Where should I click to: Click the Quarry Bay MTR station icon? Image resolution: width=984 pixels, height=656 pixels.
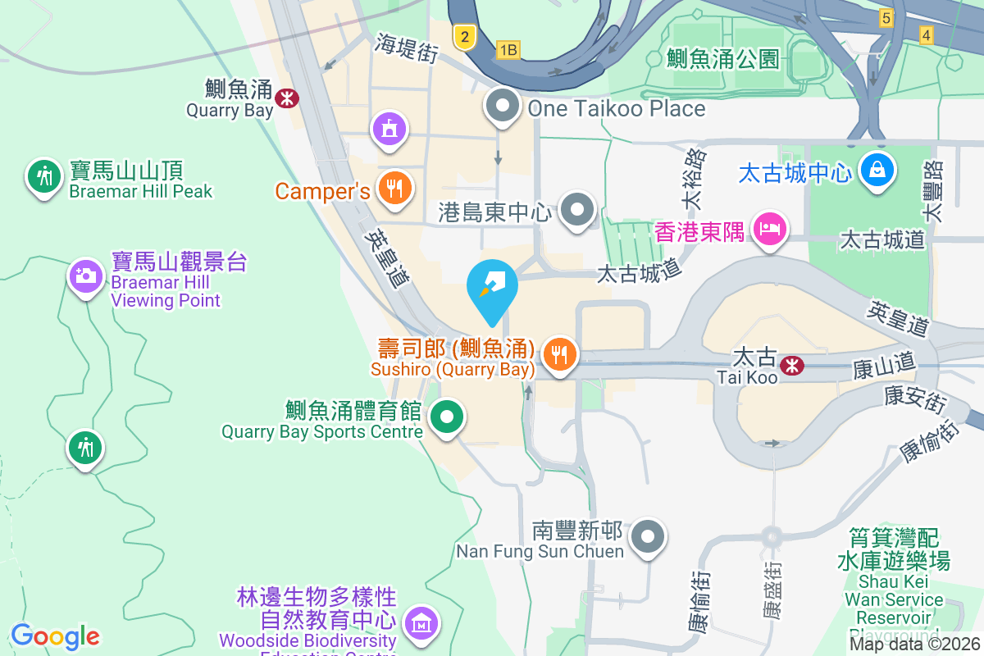pyautogui.click(x=287, y=98)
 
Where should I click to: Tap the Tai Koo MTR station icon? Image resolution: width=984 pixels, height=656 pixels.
pyautogui.click(x=792, y=365)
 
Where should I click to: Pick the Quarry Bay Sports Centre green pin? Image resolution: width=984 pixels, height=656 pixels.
pyautogui.click(x=447, y=417)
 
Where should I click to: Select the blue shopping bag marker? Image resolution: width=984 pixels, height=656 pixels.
pyautogui.click(x=877, y=171)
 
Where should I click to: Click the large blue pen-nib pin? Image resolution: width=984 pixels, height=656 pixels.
pyautogui.click(x=492, y=286)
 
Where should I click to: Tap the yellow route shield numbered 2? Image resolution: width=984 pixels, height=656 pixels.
pyautogui.click(x=465, y=35)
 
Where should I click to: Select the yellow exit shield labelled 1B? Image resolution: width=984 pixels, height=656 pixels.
pyautogui.click(x=508, y=50)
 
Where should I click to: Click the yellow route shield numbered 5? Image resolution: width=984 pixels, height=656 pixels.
pyautogui.click(x=885, y=17)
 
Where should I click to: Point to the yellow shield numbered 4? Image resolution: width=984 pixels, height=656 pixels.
pyautogui.click(x=927, y=34)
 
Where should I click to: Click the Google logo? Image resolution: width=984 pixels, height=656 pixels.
pyautogui.click(x=55, y=636)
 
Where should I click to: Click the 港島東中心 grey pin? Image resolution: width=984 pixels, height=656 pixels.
pyautogui.click(x=578, y=209)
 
